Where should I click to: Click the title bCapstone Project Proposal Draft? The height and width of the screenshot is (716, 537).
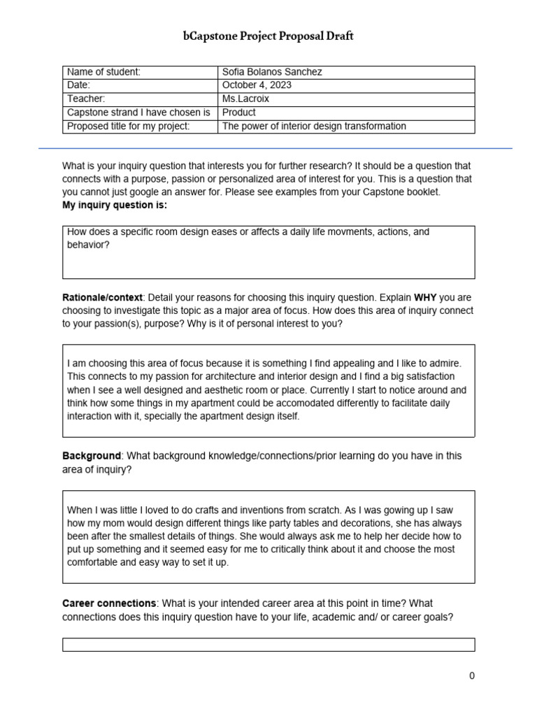coord(268,36)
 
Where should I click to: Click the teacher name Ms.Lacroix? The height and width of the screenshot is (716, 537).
coord(245,99)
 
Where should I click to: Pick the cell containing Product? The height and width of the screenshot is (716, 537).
coord(239,113)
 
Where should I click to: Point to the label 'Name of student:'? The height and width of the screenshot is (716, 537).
coord(103,72)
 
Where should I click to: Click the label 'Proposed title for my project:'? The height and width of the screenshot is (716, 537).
coord(128,127)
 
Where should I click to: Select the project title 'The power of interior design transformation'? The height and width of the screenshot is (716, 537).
coord(314,127)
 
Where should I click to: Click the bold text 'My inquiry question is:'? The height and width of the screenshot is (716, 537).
coord(115,206)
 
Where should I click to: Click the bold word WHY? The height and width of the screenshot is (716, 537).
coord(425,297)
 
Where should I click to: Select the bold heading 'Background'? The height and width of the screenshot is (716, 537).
coord(92,456)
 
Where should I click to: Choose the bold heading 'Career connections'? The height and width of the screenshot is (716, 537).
coord(109,603)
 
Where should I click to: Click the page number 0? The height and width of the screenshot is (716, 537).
coord(472,676)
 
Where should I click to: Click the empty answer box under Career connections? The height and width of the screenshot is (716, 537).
coord(268,645)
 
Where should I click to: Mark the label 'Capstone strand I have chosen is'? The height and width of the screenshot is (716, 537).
coord(138,113)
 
